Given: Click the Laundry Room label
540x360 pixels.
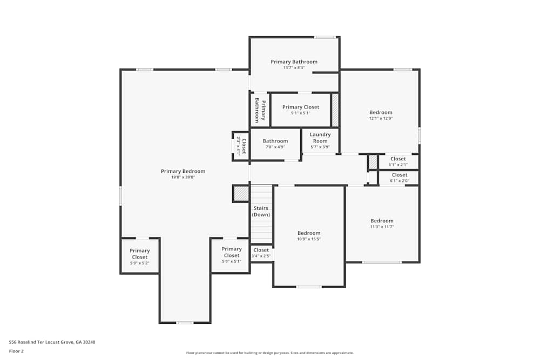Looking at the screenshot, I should (320, 134).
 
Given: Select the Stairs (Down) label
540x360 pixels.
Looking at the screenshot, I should (261, 211).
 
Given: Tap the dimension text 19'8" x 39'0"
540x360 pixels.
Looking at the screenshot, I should (183, 177).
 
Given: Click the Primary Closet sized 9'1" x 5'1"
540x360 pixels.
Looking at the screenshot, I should (301, 107).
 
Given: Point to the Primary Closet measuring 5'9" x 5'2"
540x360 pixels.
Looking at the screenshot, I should (139, 254).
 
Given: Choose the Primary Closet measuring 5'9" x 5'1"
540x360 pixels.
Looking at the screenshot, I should (231, 252).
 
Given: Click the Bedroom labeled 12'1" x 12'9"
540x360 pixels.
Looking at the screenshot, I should (381, 112).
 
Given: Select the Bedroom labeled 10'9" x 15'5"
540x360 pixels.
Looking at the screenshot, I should (309, 233).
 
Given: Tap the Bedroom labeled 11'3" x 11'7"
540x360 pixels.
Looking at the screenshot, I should (382, 221).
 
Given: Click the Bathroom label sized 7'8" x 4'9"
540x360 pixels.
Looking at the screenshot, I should (275, 141).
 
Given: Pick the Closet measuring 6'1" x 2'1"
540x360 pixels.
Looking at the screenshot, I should (398, 159).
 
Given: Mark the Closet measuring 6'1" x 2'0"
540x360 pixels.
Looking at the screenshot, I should (400, 175).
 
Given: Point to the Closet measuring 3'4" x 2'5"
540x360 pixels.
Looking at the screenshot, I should (261, 250).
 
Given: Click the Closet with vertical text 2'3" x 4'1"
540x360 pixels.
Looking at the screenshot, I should (241, 146).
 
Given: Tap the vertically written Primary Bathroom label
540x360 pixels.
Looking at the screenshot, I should (260, 111).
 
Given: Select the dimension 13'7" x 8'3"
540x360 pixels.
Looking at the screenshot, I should (294, 68).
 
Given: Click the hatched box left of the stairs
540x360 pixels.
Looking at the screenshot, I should (240, 193).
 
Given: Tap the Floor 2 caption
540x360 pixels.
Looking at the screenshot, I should (16, 351).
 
